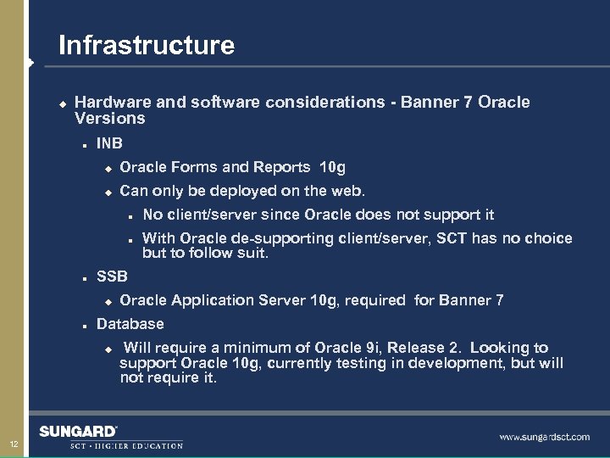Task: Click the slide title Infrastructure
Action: click(x=146, y=45)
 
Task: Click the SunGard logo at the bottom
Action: click(x=78, y=432)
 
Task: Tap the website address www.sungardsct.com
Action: click(x=544, y=437)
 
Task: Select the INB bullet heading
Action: click(x=110, y=143)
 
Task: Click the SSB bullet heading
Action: click(x=112, y=276)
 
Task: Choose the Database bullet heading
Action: click(x=130, y=324)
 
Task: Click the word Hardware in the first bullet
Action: click(x=110, y=103)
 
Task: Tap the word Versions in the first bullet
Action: click(x=110, y=119)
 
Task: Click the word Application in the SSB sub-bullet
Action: click(x=207, y=300)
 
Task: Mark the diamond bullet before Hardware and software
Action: click(x=61, y=103)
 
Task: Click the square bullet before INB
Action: click(x=85, y=144)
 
